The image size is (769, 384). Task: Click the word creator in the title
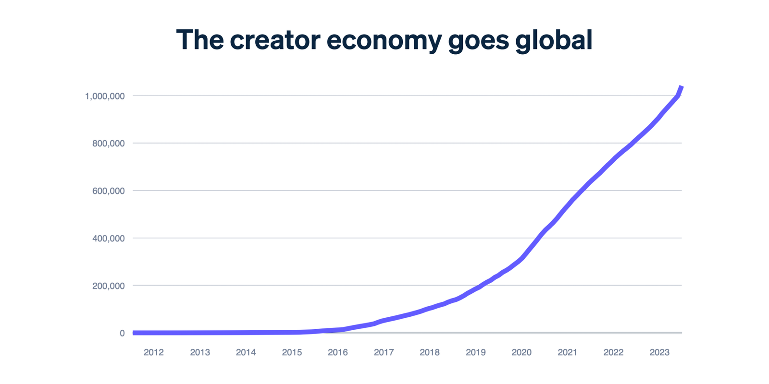[275, 40]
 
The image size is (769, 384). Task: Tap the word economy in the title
[384, 40]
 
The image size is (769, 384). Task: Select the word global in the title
[554, 40]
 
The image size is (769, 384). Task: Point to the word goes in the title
[478, 40]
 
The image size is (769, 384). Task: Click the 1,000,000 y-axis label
[105, 96]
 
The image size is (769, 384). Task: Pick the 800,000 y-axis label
[109, 144]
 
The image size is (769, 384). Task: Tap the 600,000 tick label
[109, 191]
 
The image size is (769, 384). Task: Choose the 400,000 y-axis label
[109, 239]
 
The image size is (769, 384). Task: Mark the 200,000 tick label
[109, 286]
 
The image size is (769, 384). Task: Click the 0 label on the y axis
[122, 333]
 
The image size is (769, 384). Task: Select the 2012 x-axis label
[154, 353]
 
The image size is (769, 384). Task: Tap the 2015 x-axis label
[292, 353]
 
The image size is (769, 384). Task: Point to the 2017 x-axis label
[384, 353]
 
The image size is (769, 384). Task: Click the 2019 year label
[475, 353]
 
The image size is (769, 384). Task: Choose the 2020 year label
[521, 353]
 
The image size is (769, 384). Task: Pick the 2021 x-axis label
[567, 353]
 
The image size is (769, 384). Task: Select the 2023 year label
[659, 353]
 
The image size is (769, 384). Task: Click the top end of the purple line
[682, 86]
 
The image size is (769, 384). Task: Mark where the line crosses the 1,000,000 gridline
[677, 96]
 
